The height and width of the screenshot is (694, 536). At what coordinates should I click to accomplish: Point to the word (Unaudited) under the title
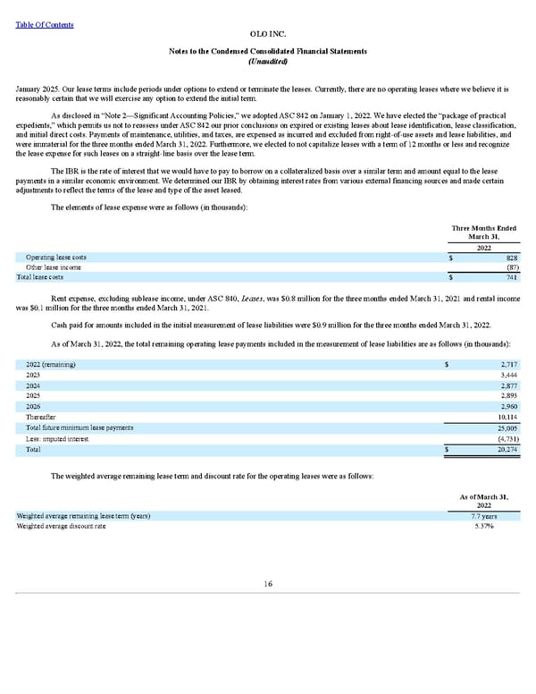[267, 60]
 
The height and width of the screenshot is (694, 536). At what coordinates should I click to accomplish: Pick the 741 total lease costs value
[512, 278]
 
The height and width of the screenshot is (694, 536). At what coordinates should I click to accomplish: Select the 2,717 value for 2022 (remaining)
[505, 365]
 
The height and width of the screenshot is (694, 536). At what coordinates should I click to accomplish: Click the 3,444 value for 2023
[505, 376]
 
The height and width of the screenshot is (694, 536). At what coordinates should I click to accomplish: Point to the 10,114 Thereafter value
[504, 418]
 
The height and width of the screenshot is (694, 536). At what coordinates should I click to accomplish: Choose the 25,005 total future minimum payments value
[504, 428]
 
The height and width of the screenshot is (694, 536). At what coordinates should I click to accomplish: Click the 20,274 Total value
[504, 450]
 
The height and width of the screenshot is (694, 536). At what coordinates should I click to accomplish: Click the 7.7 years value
[484, 517]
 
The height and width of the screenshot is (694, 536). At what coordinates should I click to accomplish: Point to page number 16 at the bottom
[267, 584]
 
